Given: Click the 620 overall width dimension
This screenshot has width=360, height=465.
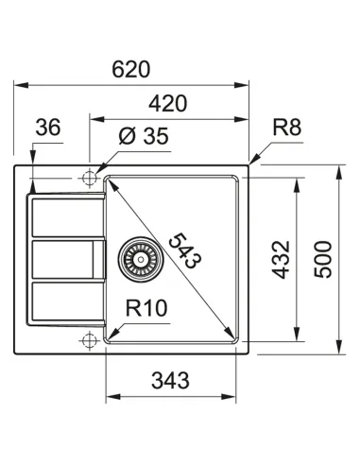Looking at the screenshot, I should [133, 70].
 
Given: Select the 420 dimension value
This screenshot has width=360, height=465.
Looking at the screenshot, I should [166, 104].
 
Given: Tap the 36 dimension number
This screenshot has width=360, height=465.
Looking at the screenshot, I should [48, 129].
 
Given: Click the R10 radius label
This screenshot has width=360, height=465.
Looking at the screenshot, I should [147, 308].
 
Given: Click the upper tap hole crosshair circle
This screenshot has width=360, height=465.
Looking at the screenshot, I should [91, 177].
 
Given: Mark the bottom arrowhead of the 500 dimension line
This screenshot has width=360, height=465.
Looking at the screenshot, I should [339, 350].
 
